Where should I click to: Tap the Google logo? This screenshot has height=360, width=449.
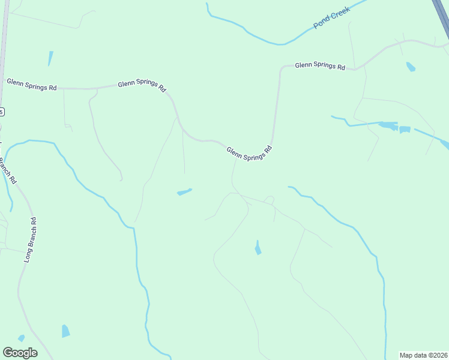coord(20,353)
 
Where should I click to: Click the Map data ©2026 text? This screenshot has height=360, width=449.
coord(423,355)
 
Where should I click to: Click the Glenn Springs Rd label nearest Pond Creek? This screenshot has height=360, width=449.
coord(319,65)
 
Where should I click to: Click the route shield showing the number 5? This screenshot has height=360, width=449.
coord(1,112)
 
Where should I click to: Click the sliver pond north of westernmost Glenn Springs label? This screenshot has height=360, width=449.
coord(50,58)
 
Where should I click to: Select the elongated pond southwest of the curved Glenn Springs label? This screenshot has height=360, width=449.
coord(184,192)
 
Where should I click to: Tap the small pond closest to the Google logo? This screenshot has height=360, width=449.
coord(21,338)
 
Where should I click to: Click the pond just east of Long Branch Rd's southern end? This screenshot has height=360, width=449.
coord(65,331)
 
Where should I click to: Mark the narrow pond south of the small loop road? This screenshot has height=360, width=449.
coord(258,248)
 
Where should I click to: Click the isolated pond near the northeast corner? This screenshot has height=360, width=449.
coord(411,67)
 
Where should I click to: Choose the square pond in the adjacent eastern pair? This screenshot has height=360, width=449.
coord(405,130)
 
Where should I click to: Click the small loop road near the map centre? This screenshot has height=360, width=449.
coord(270,200)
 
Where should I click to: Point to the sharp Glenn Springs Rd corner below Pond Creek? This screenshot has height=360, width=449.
coord(281,70)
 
